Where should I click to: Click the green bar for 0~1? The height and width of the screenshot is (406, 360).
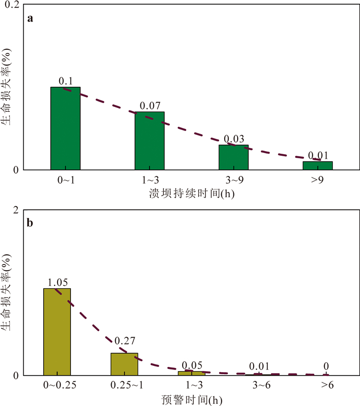(x=65, y=128)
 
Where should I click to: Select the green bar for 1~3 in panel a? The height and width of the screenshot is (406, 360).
(x=150, y=141)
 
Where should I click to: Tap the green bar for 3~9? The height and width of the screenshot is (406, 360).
(x=233, y=157)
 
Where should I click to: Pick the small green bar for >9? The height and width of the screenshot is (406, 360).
(x=317, y=165)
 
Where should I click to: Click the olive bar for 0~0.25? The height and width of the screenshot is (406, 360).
(x=57, y=331)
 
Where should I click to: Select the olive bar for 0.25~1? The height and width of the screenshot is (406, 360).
(x=124, y=364)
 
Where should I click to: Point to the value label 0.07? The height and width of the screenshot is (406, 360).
(x=150, y=106)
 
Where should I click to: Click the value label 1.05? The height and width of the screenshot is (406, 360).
(x=57, y=283)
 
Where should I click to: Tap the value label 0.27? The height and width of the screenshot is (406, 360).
(x=124, y=340)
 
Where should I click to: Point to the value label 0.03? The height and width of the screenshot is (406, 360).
(x=233, y=140)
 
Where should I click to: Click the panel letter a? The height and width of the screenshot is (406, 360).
(x=31, y=19)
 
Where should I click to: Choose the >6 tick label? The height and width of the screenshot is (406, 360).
(x=326, y=385)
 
